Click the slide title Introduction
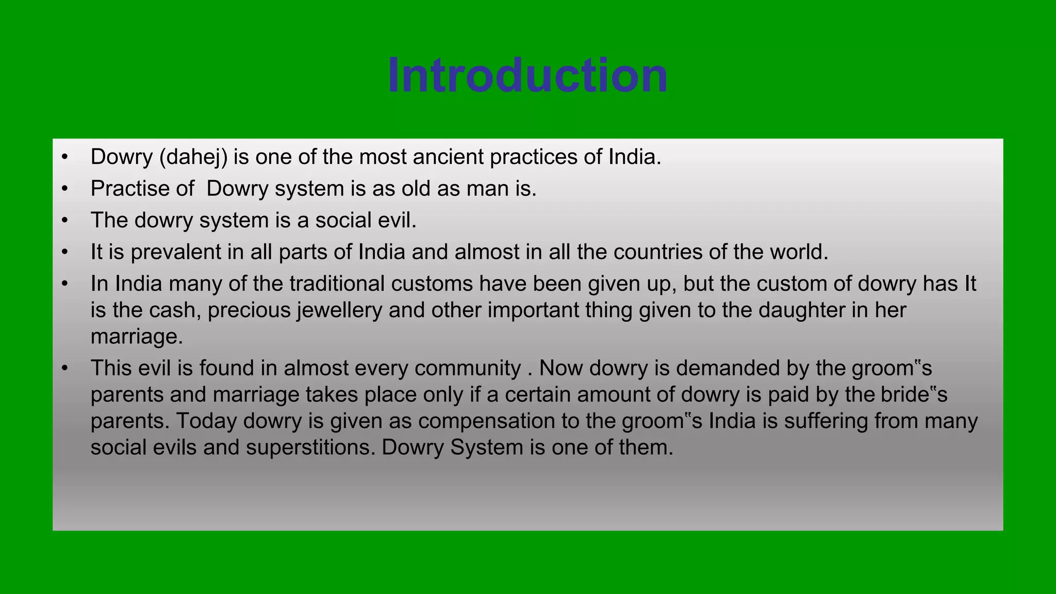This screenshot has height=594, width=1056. click(527, 76)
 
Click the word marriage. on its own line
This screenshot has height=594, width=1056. click(137, 337)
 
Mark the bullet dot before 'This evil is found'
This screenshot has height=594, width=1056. click(64, 368)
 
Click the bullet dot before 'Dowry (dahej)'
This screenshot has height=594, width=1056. click(64, 157)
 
